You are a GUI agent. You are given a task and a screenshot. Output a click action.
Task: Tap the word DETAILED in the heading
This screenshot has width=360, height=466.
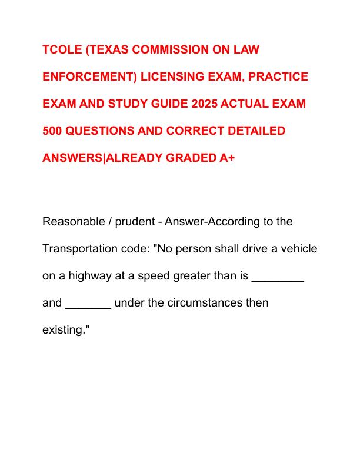coord(256,131)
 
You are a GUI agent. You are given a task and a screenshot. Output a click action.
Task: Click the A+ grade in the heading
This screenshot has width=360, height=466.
coord(226,158)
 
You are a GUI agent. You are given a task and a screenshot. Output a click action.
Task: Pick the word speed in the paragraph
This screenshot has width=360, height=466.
coord(164,276)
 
